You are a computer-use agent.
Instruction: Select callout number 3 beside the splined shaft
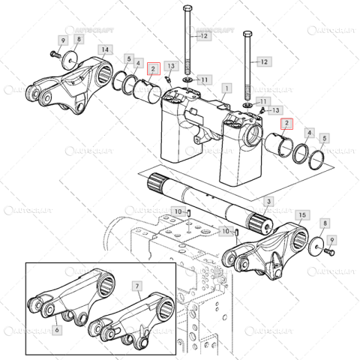coord(269,202)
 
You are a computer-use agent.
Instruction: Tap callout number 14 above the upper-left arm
coord(106,49)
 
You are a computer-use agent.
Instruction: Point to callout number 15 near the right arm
coord(302,214)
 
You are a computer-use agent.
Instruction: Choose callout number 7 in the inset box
coord(137,286)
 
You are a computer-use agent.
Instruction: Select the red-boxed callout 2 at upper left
coord(152,70)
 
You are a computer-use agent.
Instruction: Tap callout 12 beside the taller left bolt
coord(200,35)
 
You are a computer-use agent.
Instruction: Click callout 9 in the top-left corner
coord(63,39)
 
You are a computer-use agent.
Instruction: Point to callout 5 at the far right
coord(323,139)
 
